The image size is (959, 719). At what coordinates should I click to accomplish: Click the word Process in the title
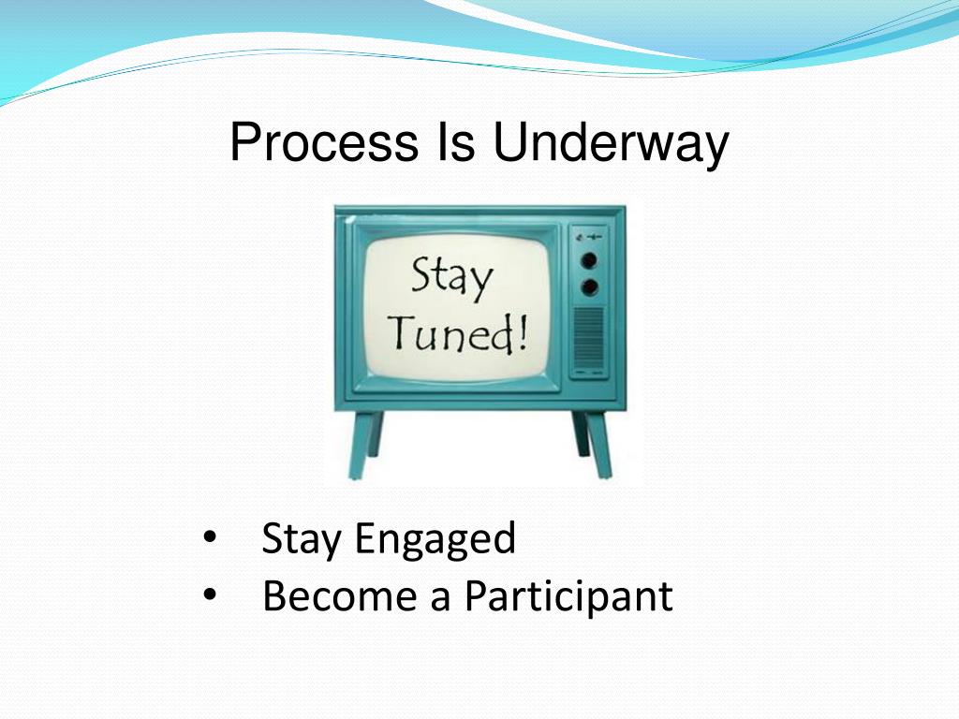click(324, 142)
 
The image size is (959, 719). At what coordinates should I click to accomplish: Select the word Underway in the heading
click(611, 145)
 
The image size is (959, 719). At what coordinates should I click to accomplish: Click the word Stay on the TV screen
click(451, 279)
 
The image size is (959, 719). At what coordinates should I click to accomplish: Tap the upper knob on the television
click(589, 260)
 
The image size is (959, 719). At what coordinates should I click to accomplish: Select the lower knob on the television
click(589, 286)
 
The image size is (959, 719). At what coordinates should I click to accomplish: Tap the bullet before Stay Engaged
click(210, 538)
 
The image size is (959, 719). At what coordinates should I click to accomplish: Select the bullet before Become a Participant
click(210, 594)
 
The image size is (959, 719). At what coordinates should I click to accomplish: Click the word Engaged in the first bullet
click(435, 540)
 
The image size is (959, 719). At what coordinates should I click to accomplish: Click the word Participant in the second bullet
click(568, 596)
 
